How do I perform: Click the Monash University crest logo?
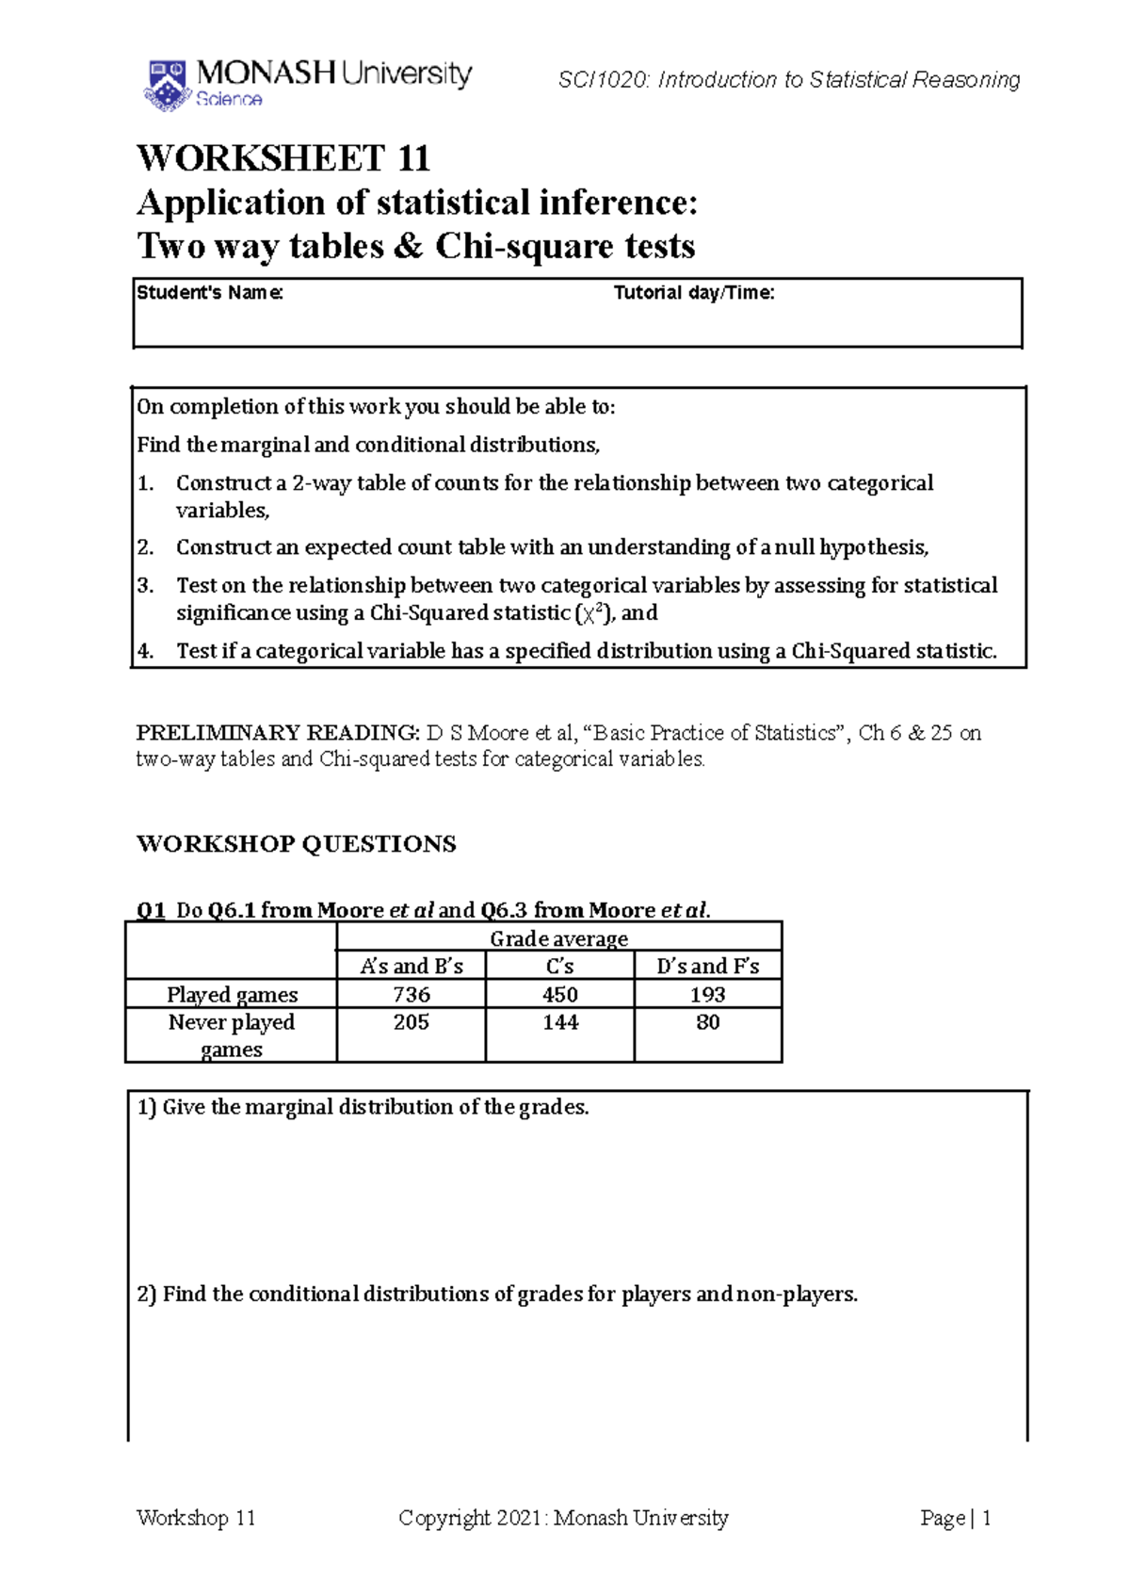click(168, 86)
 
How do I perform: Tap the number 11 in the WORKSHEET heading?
click(413, 158)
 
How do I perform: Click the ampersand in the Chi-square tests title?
click(409, 247)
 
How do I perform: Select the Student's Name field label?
click(210, 293)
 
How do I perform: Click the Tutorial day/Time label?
click(694, 293)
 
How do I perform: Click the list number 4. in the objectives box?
click(145, 651)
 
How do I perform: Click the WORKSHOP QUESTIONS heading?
click(297, 844)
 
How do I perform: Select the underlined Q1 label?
click(151, 910)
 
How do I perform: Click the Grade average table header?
click(558, 938)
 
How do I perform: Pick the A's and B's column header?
click(412, 967)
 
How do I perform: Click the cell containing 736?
click(412, 995)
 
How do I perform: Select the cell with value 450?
click(559, 995)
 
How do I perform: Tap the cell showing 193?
click(707, 995)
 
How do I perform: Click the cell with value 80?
click(707, 1022)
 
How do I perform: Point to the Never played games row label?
click(232, 1035)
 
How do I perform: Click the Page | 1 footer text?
click(955, 1518)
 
